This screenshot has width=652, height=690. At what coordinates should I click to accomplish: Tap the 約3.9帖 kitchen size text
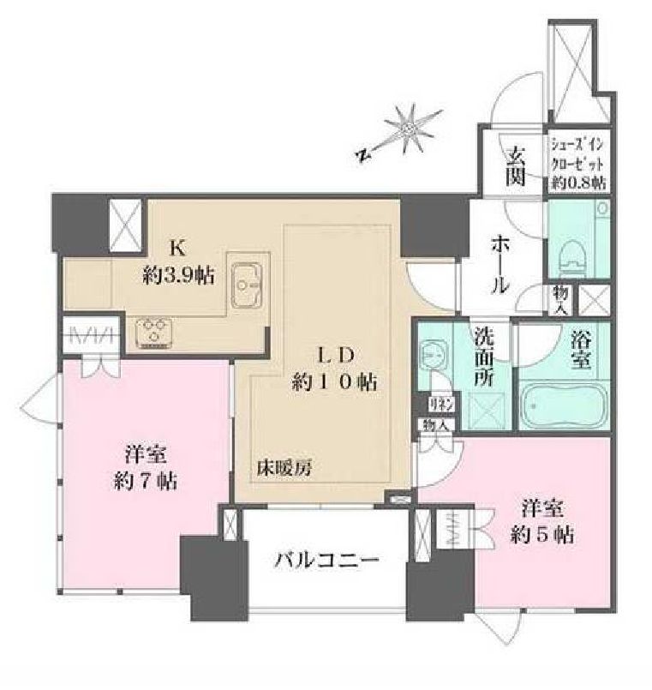click(178, 275)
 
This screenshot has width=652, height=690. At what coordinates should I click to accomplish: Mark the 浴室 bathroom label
click(580, 350)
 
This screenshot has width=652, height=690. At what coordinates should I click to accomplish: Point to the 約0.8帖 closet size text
click(579, 183)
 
